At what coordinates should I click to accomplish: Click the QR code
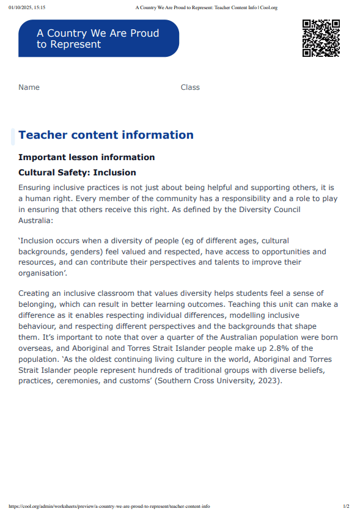[321, 38]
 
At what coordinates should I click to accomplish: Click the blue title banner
[98, 39]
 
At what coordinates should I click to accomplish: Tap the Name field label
[29, 87]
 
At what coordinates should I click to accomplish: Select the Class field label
[190, 87]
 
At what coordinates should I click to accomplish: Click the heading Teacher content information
[106, 135]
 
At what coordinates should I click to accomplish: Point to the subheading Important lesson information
[86, 157]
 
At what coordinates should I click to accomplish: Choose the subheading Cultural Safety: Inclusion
[77, 173]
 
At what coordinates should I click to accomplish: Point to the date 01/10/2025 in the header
[20, 7]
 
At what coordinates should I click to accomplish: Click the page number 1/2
[346, 507]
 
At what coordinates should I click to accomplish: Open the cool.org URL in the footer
[109, 507]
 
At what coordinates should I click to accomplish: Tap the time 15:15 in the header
[40, 7]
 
